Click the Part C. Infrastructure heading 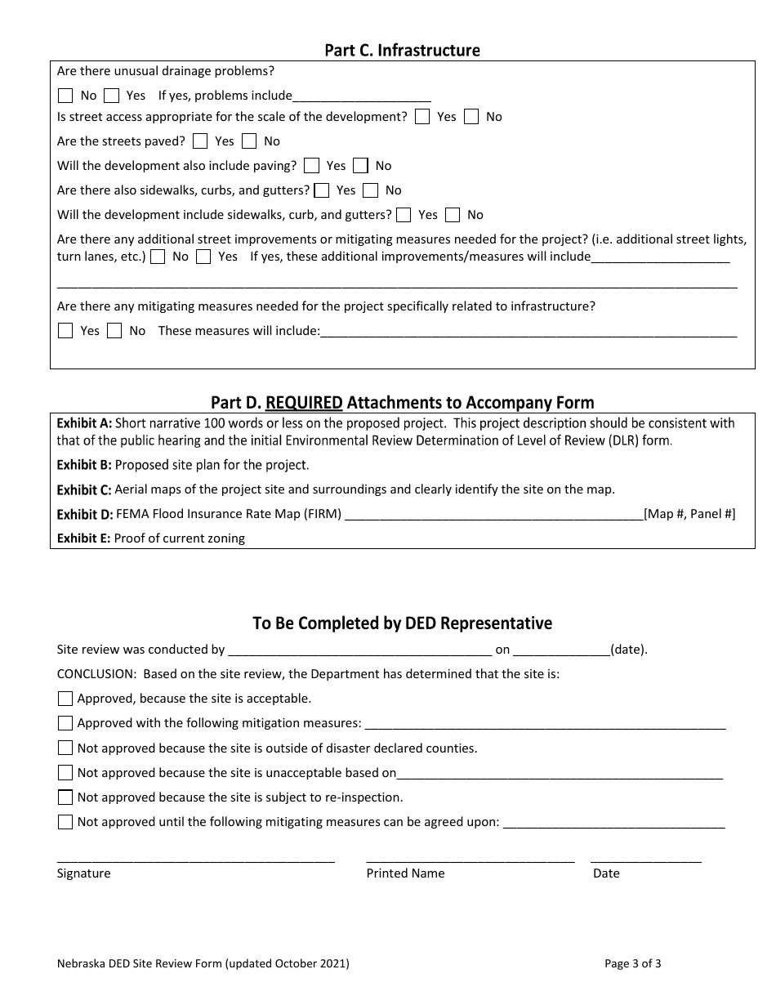(402, 51)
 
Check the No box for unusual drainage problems (65, 96)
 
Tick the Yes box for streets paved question (200, 141)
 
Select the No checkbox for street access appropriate (471, 117)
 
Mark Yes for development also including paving (311, 166)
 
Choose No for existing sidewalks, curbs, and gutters (371, 190)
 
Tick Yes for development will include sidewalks (404, 215)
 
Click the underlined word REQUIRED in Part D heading (304, 402)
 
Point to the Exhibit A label (84, 423)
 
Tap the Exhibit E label (83, 538)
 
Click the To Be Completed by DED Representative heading (402, 623)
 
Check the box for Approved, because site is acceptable (65, 699)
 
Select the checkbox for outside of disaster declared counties (65, 748)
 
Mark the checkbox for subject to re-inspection (65, 797)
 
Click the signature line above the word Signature (195, 860)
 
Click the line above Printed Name (470, 860)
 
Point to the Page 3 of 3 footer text (632, 963)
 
